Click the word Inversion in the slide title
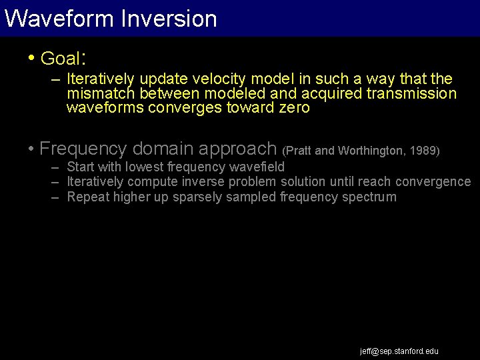point(169,18)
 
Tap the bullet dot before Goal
point(31,57)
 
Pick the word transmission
point(411,94)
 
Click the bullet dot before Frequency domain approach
point(31,147)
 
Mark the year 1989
point(423,151)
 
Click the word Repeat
point(88,197)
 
